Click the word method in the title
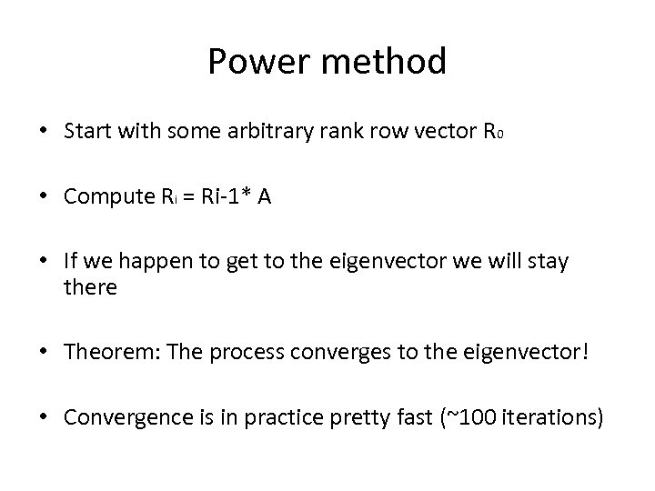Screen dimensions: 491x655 380,62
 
